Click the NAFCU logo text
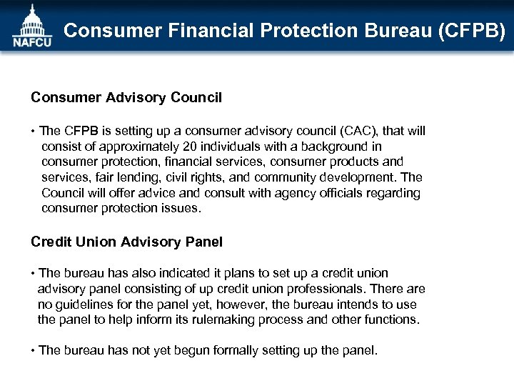click(32, 41)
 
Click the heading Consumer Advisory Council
click(126, 97)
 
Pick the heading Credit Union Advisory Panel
click(126, 242)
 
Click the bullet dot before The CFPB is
click(33, 132)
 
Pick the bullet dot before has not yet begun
click(33, 351)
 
